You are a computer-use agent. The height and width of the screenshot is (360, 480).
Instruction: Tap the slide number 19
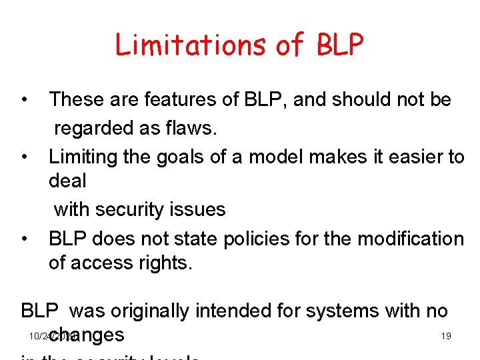point(446,336)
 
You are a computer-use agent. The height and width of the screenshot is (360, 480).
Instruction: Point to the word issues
point(198,209)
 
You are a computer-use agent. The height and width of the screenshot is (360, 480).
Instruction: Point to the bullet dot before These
point(24,101)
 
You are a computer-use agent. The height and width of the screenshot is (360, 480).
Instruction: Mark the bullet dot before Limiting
point(24,157)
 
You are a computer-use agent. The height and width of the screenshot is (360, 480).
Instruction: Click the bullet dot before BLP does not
point(24,239)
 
